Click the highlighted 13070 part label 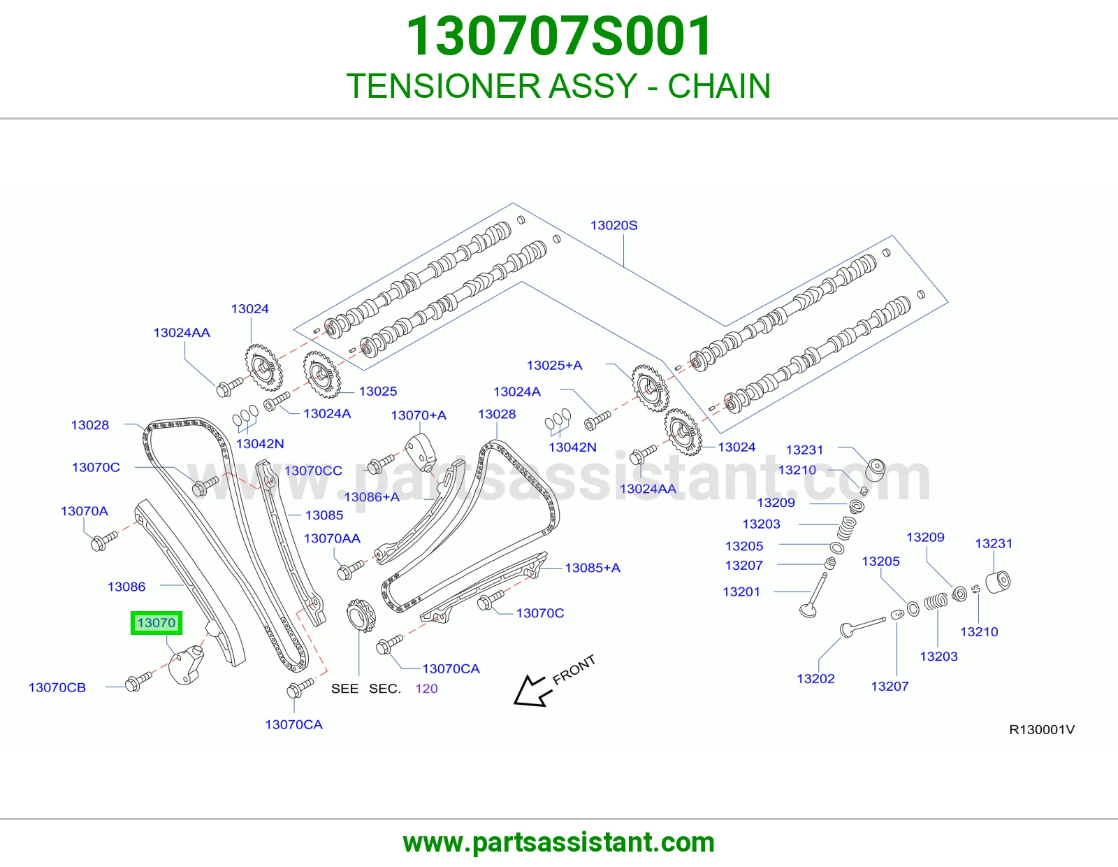pyautogui.click(x=157, y=623)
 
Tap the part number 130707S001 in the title pyautogui.click(x=559, y=36)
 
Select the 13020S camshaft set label pyautogui.click(x=614, y=226)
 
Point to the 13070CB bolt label pyautogui.click(x=57, y=687)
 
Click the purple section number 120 pyautogui.click(x=426, y=688)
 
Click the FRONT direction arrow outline pyautogui.click(x=532, y=690)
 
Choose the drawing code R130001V pyautogui.click(x=1042, y=729)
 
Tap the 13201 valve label pyautogui.click(x=741, y=592)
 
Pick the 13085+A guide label pyautogui.click(x=592, y=568)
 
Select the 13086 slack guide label pyautogui.click(x=126, y=587)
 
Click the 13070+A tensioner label pyautogui.click(x=419, y=415)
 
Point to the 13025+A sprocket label pyautogui.click(x=554, y=366)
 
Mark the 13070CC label pyautogui.click(x=313, y=471)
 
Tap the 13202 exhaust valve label pyautogui.click(x=815, y=678)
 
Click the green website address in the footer pyautogui.click(x=559, y=843)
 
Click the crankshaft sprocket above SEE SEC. pyautogui.click(x=361, y=615)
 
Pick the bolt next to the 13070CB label pyautogui.click(x=138, y=681)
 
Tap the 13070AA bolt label pyautogui.click(x=332, y=538)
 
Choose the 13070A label pyautogui.click(x=85, y=511)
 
